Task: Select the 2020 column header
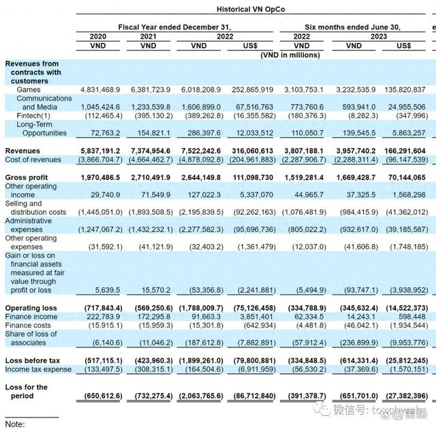click(99, 37)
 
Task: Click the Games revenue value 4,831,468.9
click(100, 90)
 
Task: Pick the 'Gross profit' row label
click(25, 177)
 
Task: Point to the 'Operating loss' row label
click(31, 308)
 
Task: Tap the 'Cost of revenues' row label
click(33, 160)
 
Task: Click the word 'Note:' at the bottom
click(15, 424)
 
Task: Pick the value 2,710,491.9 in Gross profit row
click(150, 177)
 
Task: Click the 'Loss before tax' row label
click(31, 360)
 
